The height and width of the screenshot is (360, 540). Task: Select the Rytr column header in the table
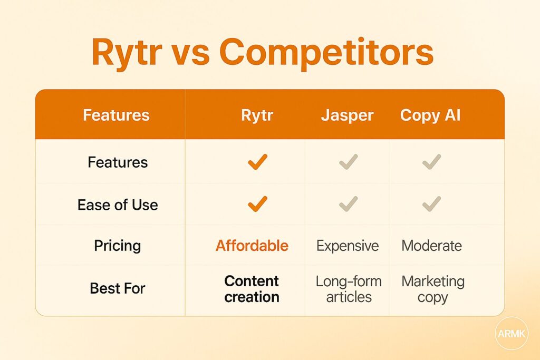257,115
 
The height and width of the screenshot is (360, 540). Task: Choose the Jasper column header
347,115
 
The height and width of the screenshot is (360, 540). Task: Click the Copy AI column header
430,115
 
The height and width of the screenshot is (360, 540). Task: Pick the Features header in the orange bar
116,115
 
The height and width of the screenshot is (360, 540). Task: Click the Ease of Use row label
118,205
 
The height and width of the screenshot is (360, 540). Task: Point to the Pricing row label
118,246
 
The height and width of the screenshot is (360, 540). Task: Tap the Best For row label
118,288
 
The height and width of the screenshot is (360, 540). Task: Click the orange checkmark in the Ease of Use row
257,203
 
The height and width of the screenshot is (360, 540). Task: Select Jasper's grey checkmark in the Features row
349,162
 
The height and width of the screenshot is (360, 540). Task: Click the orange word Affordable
252,246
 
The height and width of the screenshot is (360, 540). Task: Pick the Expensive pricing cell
348,246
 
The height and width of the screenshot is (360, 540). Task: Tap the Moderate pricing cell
431,246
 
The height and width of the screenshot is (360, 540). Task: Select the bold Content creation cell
252,289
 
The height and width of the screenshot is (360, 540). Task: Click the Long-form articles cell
348,289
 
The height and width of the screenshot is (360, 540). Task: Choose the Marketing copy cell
432,289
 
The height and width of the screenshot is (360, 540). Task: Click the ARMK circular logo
510,333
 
